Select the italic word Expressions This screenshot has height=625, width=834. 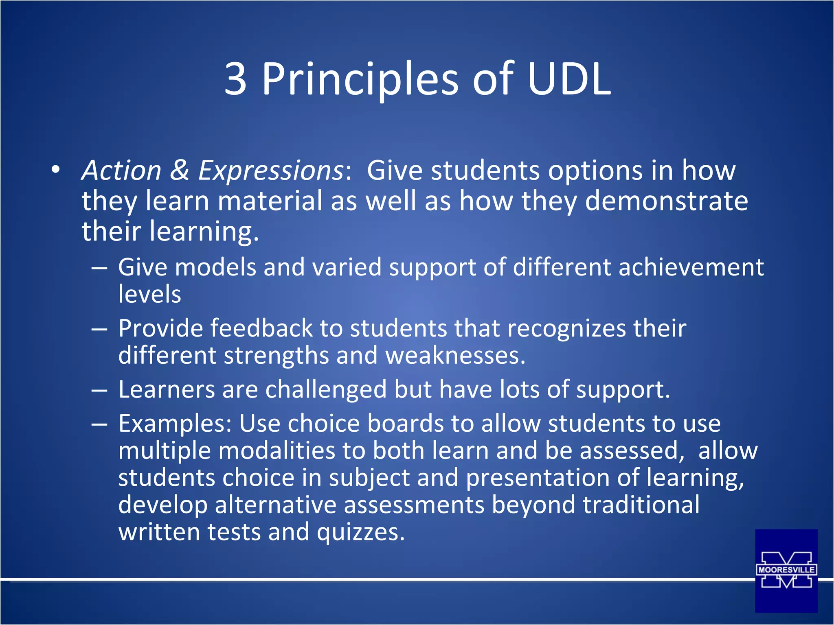[x=271, y=170]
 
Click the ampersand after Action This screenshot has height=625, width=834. [x=180, y=170]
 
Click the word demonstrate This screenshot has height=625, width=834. [x=666, y=201]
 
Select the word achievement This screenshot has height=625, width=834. [x=691, y=268]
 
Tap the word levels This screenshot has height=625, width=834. [x=149, y=294]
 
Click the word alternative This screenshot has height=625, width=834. [x=276, y=505]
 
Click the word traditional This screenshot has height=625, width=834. [x=641, y=505]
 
